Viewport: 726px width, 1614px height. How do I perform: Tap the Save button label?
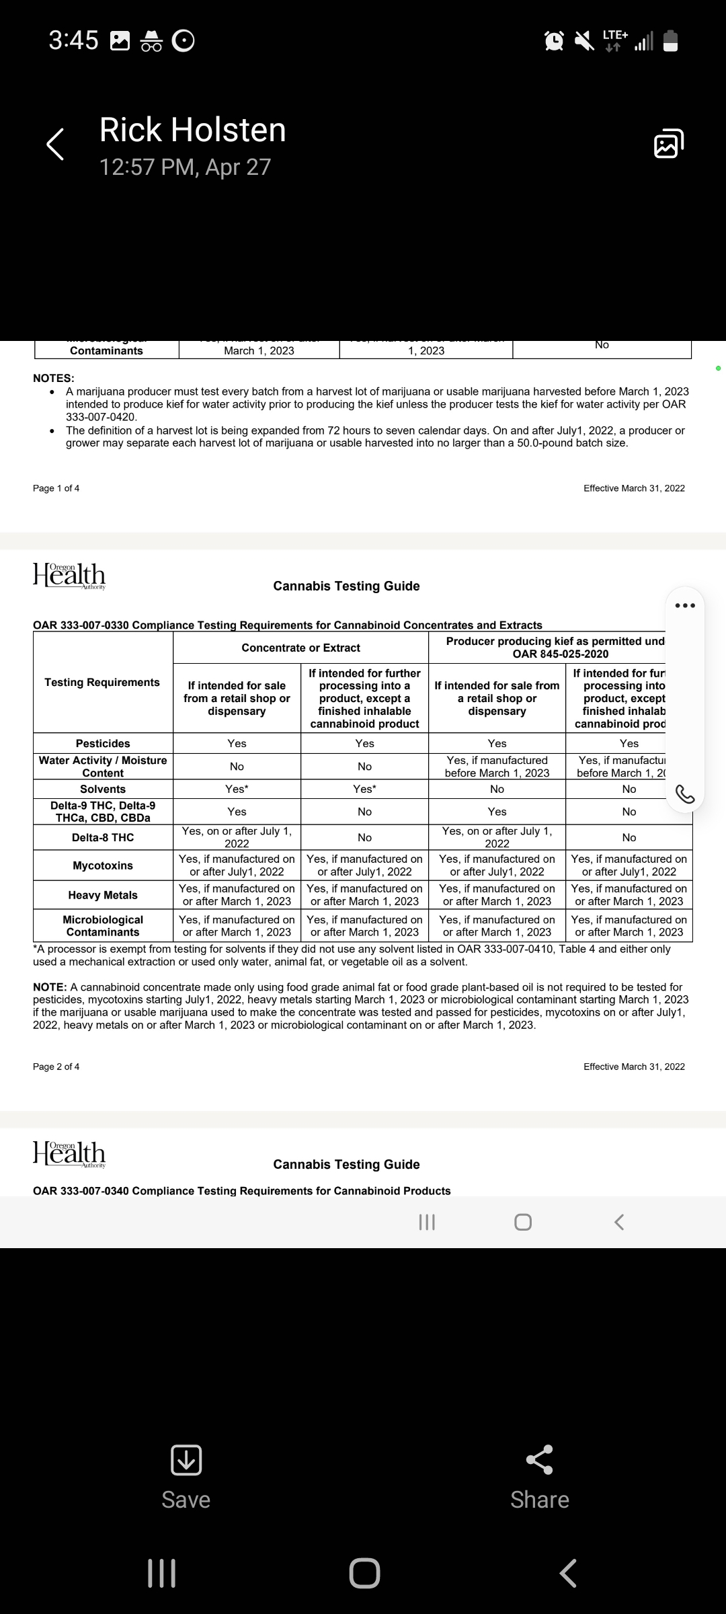(x=186, y=1499)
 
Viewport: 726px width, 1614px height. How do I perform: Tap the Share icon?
(x=539, y=1459)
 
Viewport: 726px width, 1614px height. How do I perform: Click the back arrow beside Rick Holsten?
(x=55, y=144)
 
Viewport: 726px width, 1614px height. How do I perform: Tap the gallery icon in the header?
(x=668, y=143)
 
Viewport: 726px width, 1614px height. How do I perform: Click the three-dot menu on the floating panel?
(x=684, y=605)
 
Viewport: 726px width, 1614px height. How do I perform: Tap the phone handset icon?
(x=684, y=794)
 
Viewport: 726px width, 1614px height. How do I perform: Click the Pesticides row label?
(x=103, y=743)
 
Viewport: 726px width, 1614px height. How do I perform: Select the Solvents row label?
(x=103, y=789)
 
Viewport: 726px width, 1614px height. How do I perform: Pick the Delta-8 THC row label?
(x=103, y=837)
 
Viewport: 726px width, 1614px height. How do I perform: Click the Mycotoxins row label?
(x=103, y=866)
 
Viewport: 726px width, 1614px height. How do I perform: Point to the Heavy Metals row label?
(x=103, y=895)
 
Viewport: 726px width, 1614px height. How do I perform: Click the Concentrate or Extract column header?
(x=300, y=648)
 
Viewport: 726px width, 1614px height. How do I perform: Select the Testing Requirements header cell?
(x=102, y=682)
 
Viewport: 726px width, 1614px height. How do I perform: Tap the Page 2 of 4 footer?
(x=56, y=1067)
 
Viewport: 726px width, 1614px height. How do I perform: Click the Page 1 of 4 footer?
(x=56, y=488)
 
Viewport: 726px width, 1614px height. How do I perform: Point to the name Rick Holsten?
(x=192, y=130)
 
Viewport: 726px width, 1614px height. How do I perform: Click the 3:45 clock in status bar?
(x=73, y=40)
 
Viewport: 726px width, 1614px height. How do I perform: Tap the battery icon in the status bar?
(x=670, y=41)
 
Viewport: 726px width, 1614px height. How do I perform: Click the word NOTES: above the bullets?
(x=54, y=378)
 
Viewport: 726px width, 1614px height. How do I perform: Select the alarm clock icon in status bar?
(x=554, y=41)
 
